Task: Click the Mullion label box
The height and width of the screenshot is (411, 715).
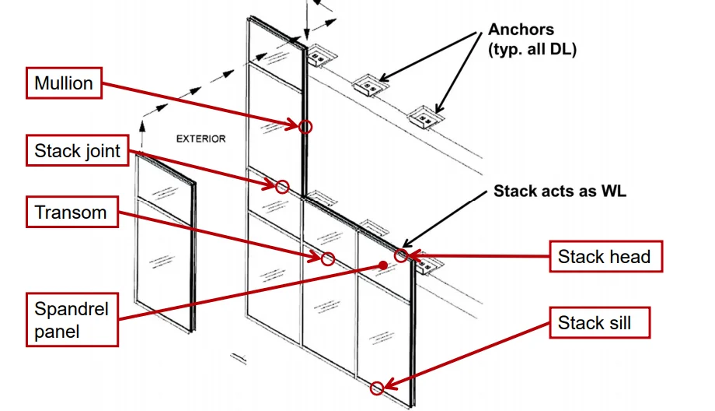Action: pos(64,83)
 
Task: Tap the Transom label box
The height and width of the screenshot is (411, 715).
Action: pos(71,213)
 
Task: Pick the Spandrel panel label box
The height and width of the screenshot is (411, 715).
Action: pos(71,320)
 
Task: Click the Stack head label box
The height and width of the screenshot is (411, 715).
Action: pos(604,256)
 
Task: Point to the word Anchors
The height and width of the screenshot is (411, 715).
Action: pos(521,30)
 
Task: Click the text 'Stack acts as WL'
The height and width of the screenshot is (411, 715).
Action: pos(560,191)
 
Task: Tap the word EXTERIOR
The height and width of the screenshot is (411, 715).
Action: pos(201,139)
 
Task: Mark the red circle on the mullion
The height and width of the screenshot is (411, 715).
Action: pos(305,126)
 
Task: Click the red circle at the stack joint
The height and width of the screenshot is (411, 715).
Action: pos(282,186)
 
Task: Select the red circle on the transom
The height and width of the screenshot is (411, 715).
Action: pos(328,258)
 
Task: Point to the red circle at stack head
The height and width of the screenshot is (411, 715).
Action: pos(401,255)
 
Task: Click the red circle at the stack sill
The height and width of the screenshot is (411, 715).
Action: pos(377,388)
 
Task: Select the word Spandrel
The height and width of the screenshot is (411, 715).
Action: pos(71,309)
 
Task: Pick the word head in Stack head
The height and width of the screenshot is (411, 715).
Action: pos(628,256)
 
